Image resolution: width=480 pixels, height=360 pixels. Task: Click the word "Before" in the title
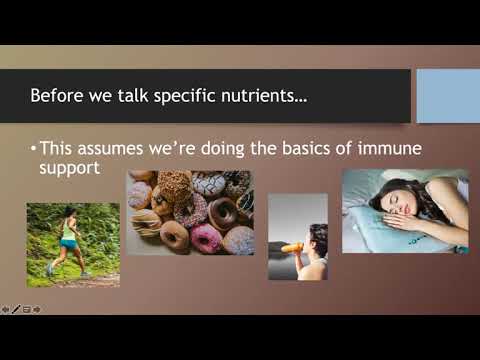pos(56,97)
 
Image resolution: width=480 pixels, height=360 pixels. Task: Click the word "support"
pos(73,170)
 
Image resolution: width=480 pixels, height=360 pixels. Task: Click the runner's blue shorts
pos(68,247)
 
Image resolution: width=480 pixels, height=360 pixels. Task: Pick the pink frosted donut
pos(205,237)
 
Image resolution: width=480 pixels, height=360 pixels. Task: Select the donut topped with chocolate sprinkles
pos(176,185)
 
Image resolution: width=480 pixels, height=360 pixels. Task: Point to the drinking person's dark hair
pos(319,236)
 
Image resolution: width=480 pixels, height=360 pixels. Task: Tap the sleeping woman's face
pos(389,200)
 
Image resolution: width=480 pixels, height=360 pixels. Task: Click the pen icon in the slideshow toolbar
pos(15,309)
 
